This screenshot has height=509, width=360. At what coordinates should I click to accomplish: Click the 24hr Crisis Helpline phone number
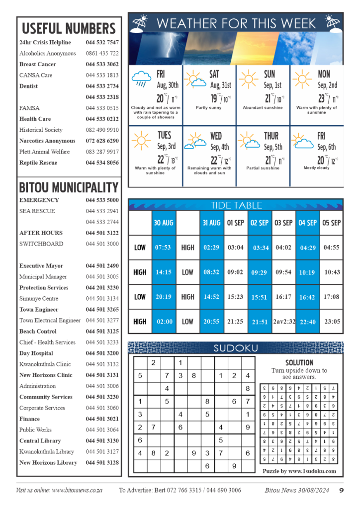(102, 43)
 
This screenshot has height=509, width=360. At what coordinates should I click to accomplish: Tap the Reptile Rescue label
(38, 163)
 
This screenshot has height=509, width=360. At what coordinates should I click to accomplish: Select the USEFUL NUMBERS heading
(69, 28)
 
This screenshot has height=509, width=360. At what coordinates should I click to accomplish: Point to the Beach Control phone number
(102, 332)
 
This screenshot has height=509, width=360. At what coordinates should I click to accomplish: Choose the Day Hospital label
(35, 353)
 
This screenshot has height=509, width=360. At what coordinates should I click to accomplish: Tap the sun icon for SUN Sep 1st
(249, 79)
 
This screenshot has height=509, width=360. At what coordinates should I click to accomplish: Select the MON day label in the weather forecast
(324, 75)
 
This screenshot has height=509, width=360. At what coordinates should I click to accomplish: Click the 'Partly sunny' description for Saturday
(209, 108)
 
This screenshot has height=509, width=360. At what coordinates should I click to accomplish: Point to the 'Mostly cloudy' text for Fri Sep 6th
(317, 168)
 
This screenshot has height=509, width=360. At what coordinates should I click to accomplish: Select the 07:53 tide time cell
(163, 248)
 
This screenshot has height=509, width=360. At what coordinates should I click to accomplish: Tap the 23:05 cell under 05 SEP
(332, 322)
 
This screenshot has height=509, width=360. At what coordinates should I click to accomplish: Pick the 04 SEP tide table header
(307, 223)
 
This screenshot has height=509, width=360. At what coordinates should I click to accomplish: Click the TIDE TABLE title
(236, 205)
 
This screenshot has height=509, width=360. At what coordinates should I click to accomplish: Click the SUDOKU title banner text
(236, 348)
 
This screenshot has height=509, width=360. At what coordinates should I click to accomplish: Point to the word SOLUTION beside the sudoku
(299, 363)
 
